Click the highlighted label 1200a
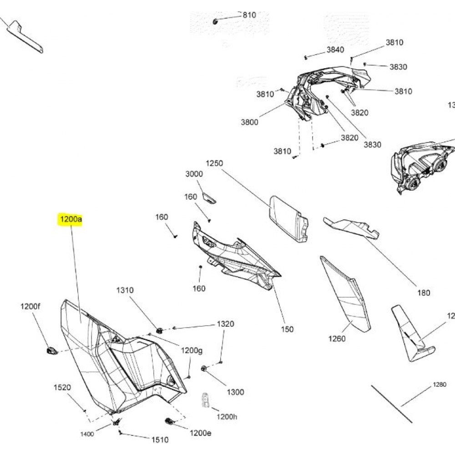70,220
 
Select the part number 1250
215,163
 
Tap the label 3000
194,174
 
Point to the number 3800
249,122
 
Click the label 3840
335,50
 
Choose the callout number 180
423,293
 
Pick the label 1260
337,339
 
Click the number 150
288,329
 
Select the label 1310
125,290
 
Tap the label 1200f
30,307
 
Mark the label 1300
235,392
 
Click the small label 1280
440,385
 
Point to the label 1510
159,440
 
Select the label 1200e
201,433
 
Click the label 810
249,15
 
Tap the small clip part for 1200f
51,349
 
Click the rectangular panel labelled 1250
288,218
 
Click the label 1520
62,388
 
